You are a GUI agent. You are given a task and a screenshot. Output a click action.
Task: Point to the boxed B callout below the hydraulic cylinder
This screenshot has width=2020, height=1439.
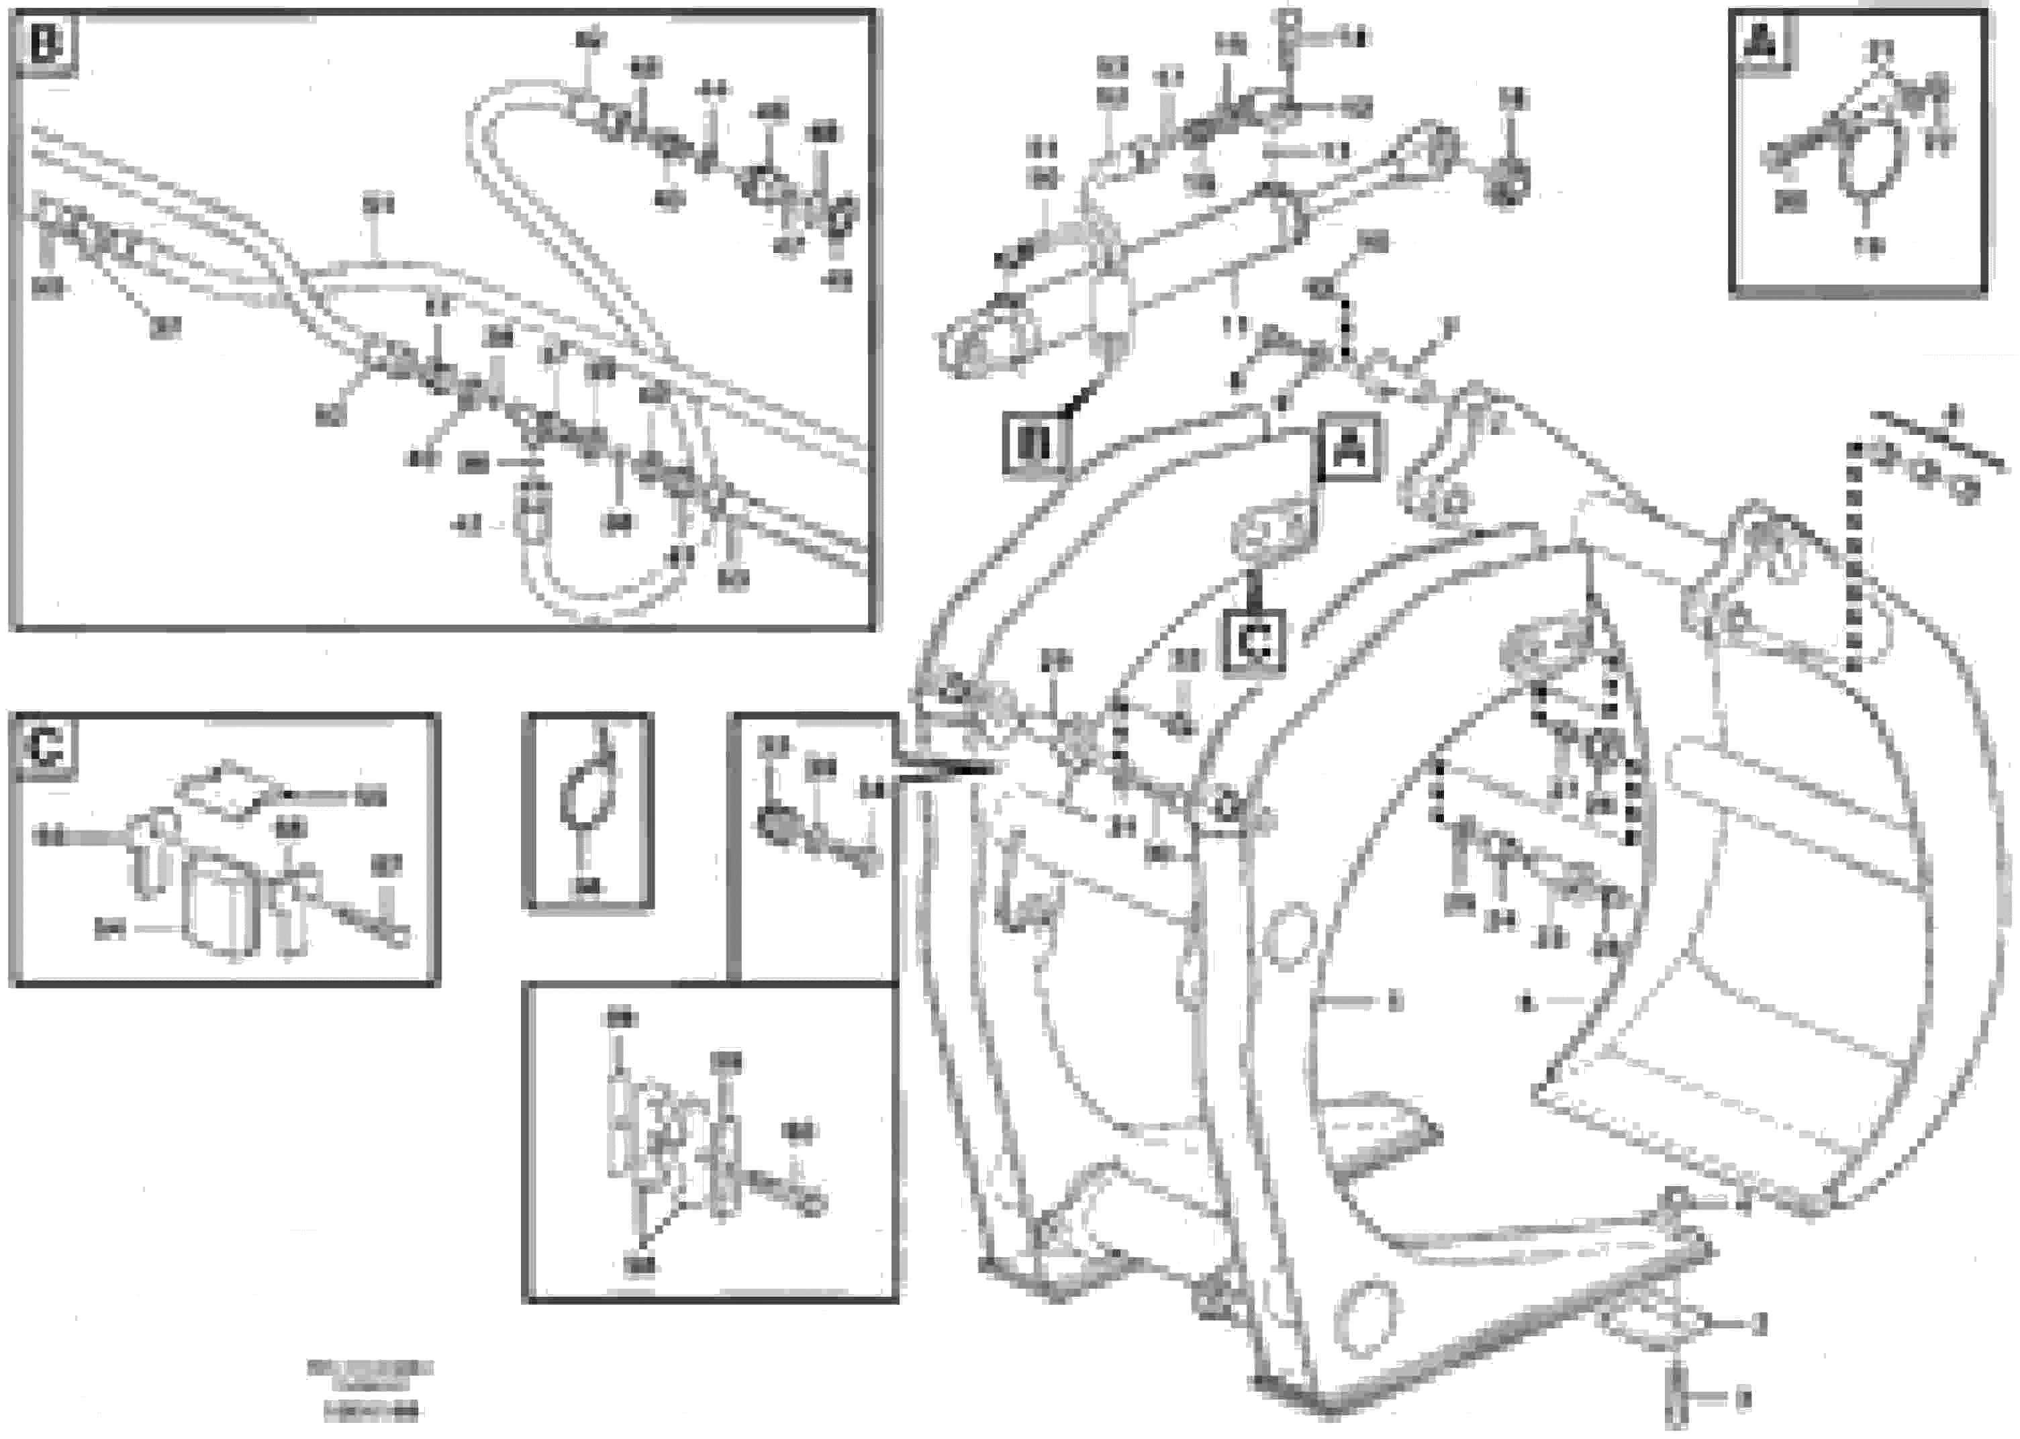click(1035, 444)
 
